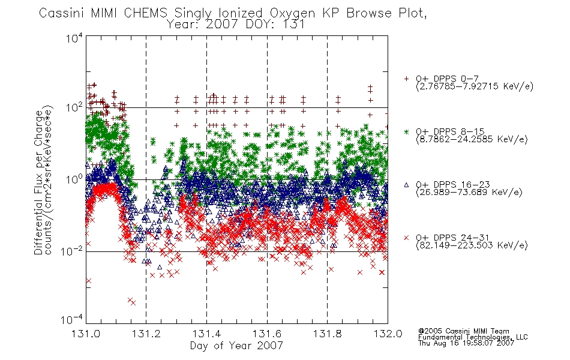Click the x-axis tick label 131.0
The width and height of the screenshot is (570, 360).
pyautogui.click(x=86, y=334)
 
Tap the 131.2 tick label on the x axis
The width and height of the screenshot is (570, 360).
pyautogui.click(x=146, y=334)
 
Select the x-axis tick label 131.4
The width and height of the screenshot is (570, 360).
pyautogui.click(x=206, y=334)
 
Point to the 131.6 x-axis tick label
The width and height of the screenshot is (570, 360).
pyautogui.click(x=267, y=334)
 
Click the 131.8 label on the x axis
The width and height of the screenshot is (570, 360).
pyautogui.click(x=327, y=334)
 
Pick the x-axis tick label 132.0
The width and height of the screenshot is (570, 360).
pyautogui.click(x=388, y=334)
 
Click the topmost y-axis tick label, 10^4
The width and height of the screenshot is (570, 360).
pyautogui.click(x=74, y=38)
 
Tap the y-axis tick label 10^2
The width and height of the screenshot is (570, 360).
pyautogui.click(x=74, y=108)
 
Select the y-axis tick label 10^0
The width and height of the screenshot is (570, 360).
pyautogui.click(x=74, y=179)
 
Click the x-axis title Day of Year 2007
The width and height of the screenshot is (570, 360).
pyautogui.click(x=236, y=346)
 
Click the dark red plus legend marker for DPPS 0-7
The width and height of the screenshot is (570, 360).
pyautogui.click(x=406, y=79)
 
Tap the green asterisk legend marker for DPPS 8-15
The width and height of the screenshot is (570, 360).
pyautogui.click(x=406, y=131)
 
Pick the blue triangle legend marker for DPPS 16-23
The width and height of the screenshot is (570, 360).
pyautogui.click(x=406, y=185)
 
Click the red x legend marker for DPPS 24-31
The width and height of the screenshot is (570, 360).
pyautogui.click(x=406, y=238)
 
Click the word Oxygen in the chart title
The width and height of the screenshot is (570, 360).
pyautogui.click(x=293, y=13)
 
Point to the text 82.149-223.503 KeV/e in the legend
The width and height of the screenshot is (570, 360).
pyautogui.click(x=472, y=245)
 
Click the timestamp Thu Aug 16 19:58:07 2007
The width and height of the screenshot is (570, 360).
pyautogui.click(x=466, y=343)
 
